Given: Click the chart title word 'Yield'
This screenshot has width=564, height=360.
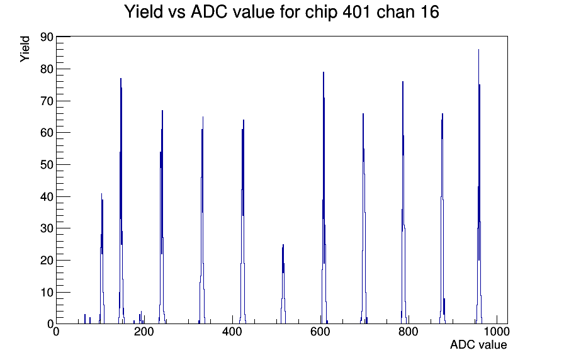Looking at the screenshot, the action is point(144,12).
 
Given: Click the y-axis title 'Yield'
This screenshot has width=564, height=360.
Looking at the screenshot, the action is point(25,49).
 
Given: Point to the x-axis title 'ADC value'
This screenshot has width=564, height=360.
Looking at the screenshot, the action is point(478,344).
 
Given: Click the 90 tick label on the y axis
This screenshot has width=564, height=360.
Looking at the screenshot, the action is point(47,37).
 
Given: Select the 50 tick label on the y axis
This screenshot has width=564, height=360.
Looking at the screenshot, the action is point(47,165).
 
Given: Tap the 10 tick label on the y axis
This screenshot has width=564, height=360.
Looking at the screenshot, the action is point(47,293).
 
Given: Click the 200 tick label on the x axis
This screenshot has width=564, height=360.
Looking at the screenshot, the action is point(144,331).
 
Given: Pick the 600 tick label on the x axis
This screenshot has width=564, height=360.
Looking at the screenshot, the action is point(320,331).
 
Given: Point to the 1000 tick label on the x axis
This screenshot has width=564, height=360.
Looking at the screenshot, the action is point(497,331).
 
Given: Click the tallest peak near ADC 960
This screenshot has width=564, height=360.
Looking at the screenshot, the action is point(479,187).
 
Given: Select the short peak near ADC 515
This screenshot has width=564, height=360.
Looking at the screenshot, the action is point(283,284).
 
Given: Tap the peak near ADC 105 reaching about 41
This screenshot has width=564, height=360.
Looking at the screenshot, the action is point(102,259).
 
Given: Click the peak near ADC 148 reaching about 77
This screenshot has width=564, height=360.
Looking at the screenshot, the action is point(121,201).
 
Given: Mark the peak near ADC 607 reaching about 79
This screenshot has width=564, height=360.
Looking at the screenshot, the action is point(324,198).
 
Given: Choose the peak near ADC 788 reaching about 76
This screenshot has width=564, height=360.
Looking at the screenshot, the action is point(403,203).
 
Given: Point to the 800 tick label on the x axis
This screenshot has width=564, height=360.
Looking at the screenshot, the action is point(409,331).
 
